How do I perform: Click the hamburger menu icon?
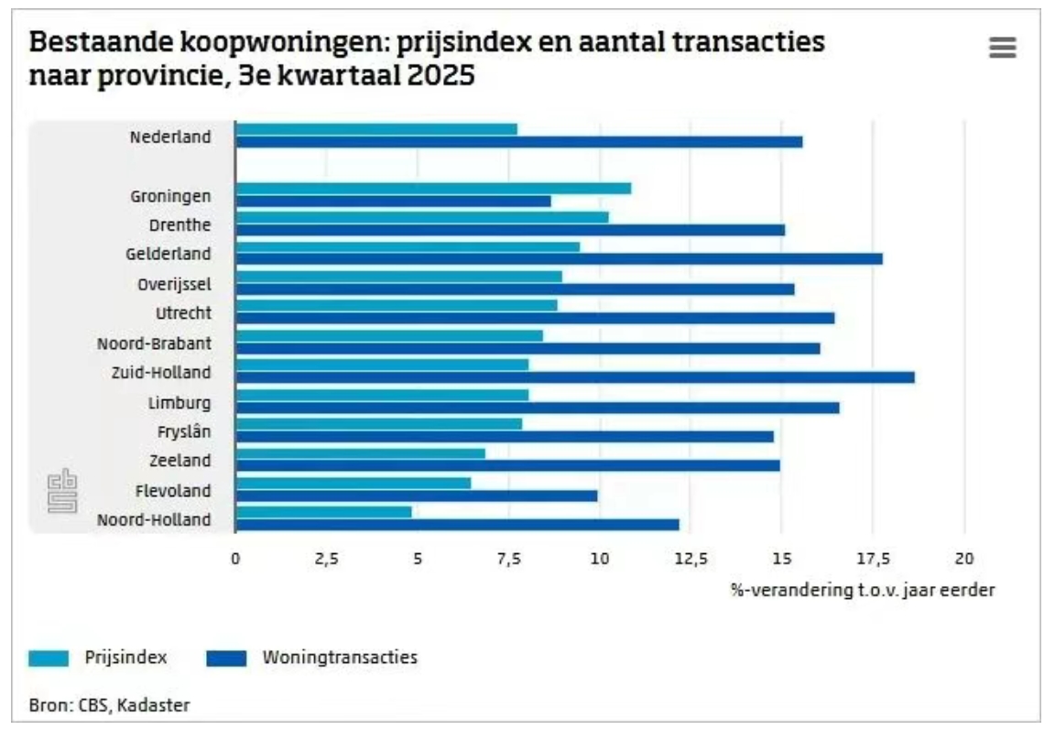[1003, 48]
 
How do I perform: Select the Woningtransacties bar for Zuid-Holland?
[574, 377]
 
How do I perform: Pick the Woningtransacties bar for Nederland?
[518, 142]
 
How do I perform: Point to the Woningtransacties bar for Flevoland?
[416, 496]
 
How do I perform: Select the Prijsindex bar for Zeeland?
[360, 453]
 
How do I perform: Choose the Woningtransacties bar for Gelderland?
[559, 259]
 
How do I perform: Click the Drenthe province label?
[180, 224]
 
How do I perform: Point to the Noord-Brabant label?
[154, 343]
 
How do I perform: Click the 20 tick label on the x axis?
[963, 559]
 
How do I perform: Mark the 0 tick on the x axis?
[235, 559]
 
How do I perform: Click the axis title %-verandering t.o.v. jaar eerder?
[862, 590]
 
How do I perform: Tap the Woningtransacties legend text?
[340, 657]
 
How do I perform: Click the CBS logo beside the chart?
[62, 491]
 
